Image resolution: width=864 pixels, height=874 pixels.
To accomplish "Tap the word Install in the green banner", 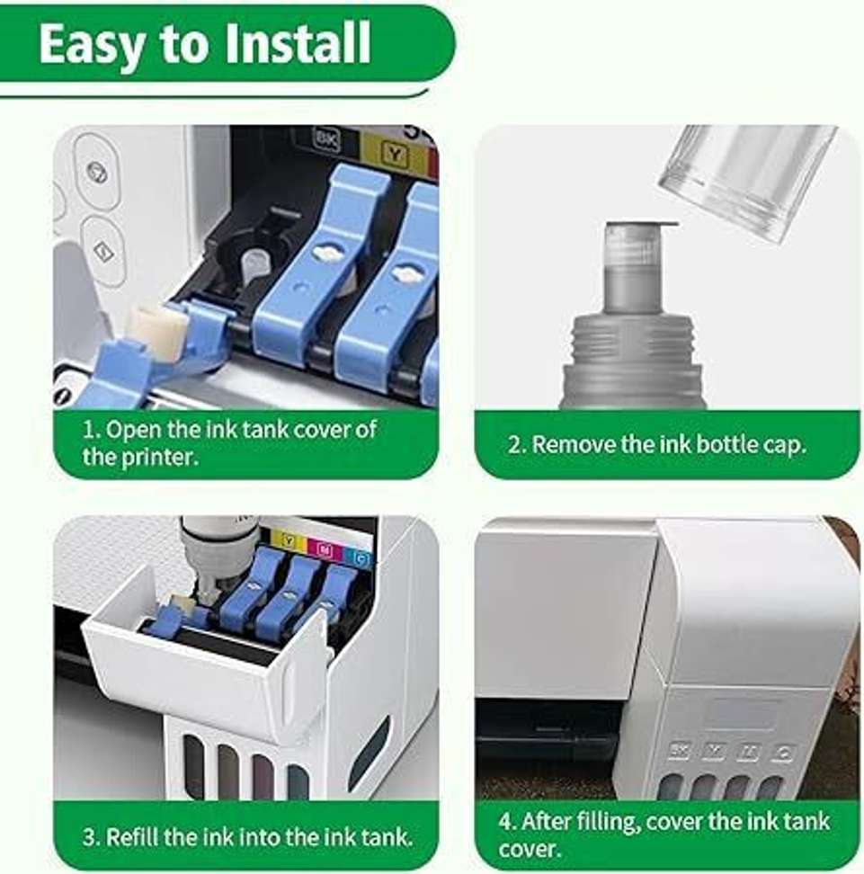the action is (x=297, y=43).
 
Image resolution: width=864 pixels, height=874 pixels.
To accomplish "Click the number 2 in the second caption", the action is (x=513, y=445).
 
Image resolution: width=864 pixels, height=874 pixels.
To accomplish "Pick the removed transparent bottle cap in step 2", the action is (x=747, y=181).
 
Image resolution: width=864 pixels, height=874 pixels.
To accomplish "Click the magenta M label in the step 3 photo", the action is (x=325, y=551).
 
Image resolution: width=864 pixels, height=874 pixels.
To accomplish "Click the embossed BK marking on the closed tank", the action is (x=680, y=751).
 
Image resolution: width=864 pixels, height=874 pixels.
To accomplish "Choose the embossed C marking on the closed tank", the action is (x=782, y=754).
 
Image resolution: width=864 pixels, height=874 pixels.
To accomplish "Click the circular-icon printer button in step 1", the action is (x=98, y=173).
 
